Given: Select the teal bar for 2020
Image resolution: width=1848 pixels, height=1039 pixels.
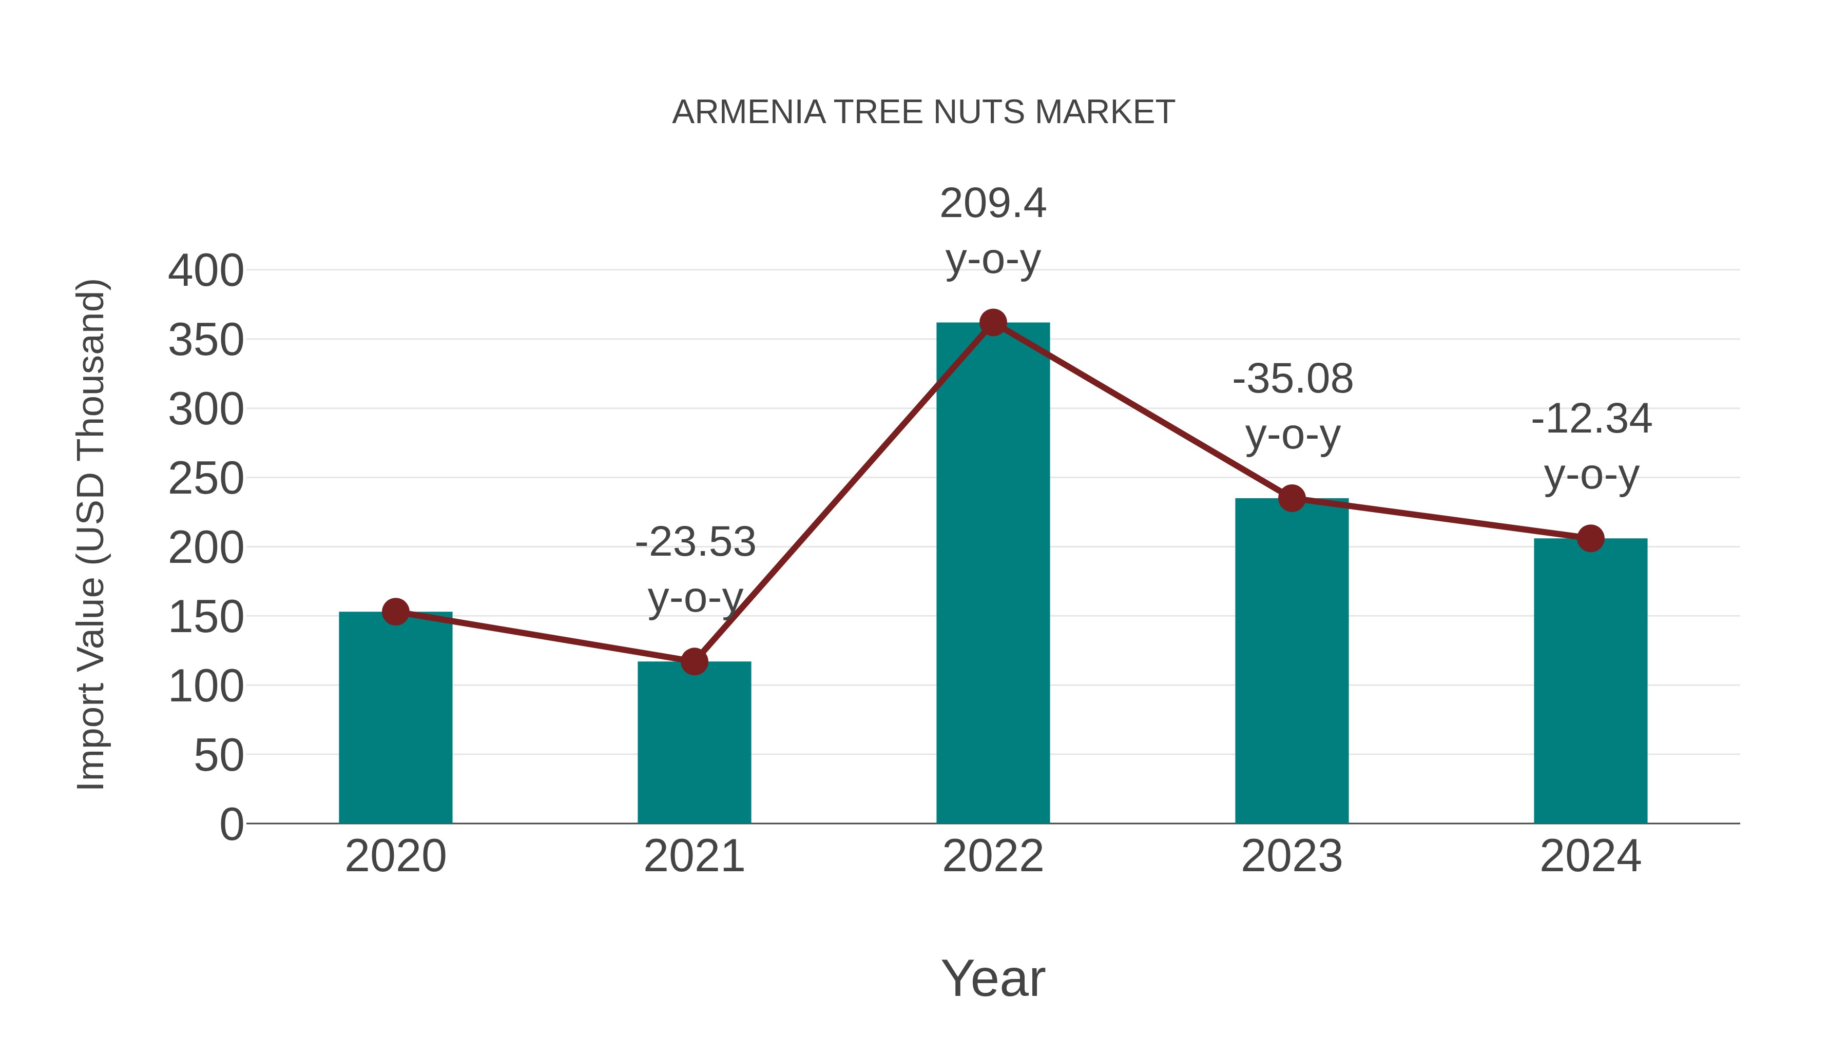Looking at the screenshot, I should (x=395, y=717).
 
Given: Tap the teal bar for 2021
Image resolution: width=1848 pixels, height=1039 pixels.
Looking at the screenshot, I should (x=694, y=742).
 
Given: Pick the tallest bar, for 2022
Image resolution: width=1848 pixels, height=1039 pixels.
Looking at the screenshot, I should (x=992, y=574).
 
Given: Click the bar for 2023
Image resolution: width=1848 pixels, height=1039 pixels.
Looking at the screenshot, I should (x=1292, y=660).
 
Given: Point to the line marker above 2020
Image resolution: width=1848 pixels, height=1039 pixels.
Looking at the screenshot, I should (x=395, y=612).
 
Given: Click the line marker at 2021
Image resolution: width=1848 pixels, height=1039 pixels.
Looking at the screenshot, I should (x=694, y=661).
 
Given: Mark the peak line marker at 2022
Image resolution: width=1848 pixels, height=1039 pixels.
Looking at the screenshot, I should (x=992, y=323).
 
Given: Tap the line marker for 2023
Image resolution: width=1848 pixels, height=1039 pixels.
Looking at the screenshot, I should (x=1292, y=498).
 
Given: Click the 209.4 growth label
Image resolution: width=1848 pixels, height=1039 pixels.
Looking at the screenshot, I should (x=993, y=204).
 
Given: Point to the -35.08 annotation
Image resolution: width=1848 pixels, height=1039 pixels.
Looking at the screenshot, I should (x=1293, y=379).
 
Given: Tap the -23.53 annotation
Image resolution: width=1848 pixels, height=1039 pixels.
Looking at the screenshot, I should (x=695, y=542).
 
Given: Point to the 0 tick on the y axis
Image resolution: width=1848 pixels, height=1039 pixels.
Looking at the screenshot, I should (x=232, y=824).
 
